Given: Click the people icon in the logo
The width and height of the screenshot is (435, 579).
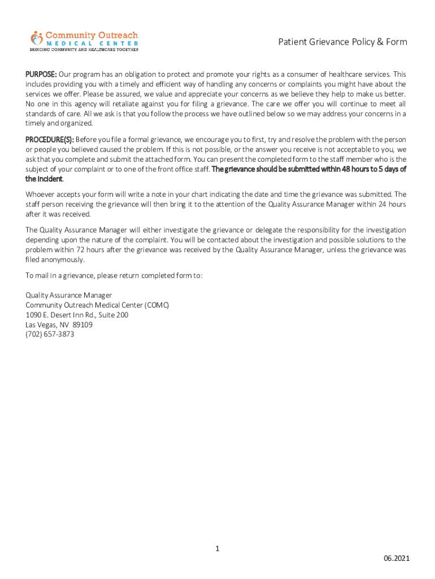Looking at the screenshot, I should pyautogui.click(x=37, y=38).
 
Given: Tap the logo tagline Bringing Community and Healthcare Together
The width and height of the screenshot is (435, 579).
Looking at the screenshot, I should pyautogui.click(x=84, y=50).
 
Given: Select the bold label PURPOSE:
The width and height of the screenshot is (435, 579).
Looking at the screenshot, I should pyautogui.click(x=41, y=75).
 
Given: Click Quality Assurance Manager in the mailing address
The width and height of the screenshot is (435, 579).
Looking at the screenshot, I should pyautogui.click(x=69, y=295).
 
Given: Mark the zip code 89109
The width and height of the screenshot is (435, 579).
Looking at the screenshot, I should pyautogui.click(x=82, y=325).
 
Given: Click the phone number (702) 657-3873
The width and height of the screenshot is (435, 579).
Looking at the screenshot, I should pyautogui.click(x=50, y=334).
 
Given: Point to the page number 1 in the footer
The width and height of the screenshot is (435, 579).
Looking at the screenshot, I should pyautogui.click(x=217, y=548).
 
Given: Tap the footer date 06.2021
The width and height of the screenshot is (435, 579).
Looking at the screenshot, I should pyautogui.click(x=397, y=559).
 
